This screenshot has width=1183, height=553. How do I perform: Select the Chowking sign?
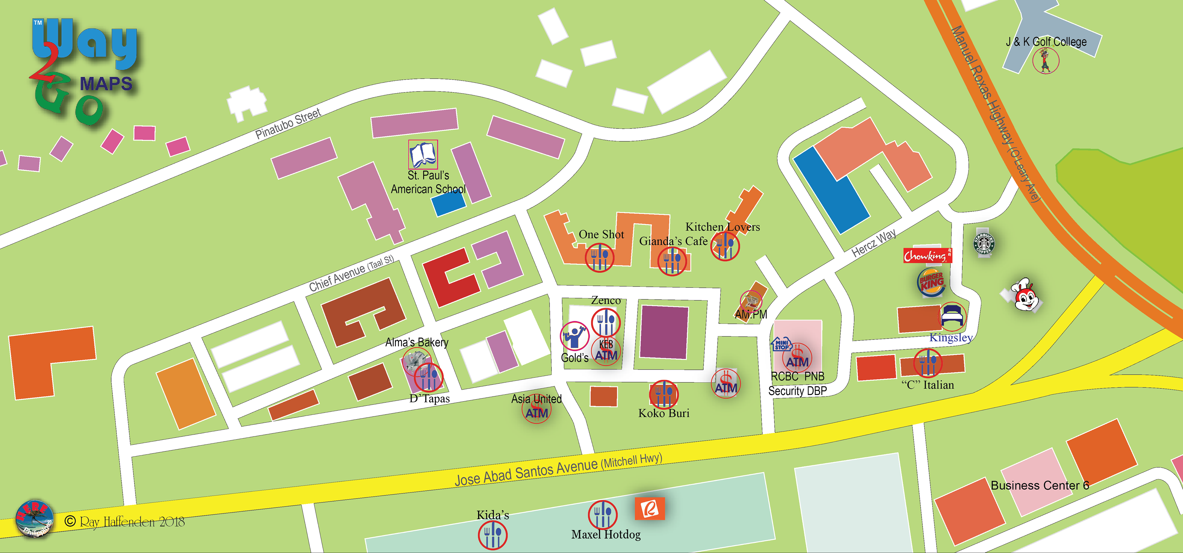pos(927,255)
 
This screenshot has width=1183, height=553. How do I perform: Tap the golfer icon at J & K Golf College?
pos(1046,61)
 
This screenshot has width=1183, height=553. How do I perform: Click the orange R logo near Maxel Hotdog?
pos(649,508)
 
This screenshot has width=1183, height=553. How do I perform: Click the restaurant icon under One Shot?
pos(599,258)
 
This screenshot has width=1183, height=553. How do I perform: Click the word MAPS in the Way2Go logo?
pos(106,84)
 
